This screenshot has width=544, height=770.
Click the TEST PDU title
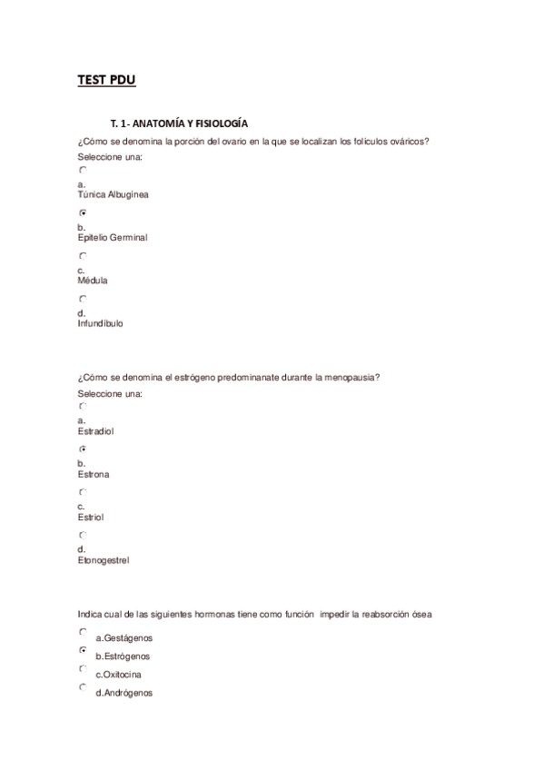click(106, 81)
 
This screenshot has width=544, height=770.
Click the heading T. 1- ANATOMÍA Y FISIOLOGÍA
click(179, 123)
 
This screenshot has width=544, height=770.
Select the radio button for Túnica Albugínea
click(83, 170)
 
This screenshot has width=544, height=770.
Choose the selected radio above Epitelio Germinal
click(83, 212)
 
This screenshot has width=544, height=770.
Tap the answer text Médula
click(93, 281)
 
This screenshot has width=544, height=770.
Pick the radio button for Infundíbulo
click(83, 299)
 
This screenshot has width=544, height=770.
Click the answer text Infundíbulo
click(101, 323)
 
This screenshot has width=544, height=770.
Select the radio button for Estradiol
click(83, 407)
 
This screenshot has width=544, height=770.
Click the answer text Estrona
click(94, 474)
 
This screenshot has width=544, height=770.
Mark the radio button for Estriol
click(83, 492)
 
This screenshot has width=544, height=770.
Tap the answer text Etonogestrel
click(104, 560)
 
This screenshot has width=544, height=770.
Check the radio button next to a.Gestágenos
click(83, 632)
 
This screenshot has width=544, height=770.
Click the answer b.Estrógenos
click(123, 656)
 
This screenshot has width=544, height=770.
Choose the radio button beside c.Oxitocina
click(83, 668)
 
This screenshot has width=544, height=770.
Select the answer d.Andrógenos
click(124, 693)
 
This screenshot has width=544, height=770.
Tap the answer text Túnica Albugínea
click(114, 194)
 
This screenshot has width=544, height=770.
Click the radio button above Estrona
click(83, 449)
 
